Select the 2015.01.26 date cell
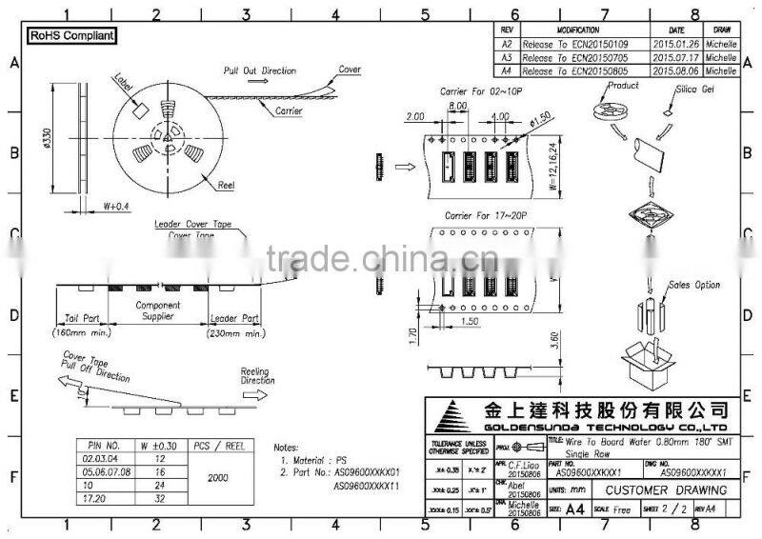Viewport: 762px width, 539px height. (672, 44)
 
